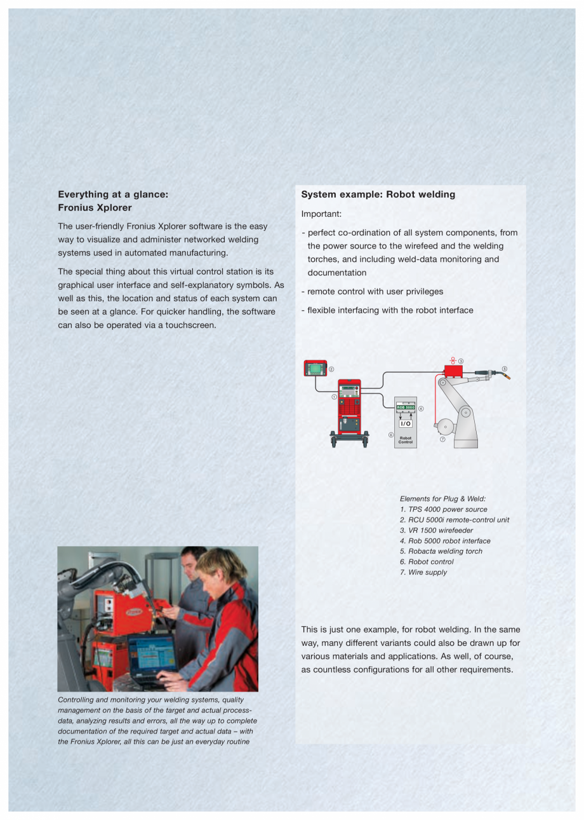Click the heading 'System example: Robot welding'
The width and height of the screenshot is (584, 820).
coord(378,195)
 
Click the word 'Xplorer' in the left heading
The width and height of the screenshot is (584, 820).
coord(113,207)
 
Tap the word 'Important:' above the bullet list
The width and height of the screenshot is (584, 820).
coord(321,214)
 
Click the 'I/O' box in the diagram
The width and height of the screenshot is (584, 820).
coord(405,423)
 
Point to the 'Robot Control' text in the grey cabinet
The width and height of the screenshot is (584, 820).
coord(405,440)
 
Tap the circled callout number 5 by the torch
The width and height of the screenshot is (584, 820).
coord(505,368)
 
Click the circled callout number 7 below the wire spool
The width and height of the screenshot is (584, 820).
coord(442,439)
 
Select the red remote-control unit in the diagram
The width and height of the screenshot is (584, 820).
coord(315,368)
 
